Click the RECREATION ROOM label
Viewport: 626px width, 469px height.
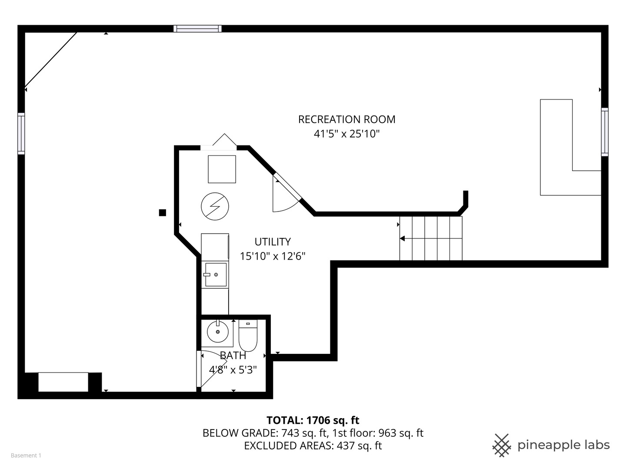346,119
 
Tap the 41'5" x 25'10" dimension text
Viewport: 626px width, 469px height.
346,134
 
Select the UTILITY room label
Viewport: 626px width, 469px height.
273,242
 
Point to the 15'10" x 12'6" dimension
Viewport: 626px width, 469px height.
273,256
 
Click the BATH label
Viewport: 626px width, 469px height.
233,356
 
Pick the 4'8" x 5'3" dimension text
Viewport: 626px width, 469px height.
233,370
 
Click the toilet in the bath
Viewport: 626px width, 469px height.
248,337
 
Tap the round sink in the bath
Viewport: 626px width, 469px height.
217,333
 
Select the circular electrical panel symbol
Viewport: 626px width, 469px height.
215,206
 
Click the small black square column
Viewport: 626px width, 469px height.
163,212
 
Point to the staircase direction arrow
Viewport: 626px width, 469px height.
403,238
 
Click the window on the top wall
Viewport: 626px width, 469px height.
197,29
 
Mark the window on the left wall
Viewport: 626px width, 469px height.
21,133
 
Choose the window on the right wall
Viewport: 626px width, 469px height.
605,132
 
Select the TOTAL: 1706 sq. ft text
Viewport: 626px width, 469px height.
313,420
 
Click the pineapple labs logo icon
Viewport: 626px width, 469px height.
501,445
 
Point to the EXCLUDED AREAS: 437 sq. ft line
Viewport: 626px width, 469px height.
313,446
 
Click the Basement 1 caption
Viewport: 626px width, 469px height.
26,456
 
